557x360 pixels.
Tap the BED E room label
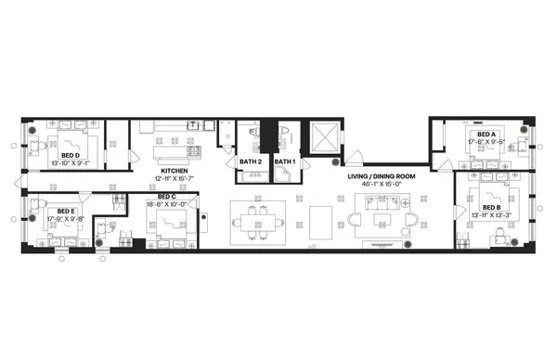tap(65, 211)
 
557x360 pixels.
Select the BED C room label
tap(167, 197)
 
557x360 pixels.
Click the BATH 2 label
tap(250, 162)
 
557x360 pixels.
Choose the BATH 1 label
tap(284, 162)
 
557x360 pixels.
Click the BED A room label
tap(486, 135)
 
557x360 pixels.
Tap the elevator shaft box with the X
tap(326, 136)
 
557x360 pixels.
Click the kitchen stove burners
tap(195, 149)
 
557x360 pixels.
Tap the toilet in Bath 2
tap(252, 135)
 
